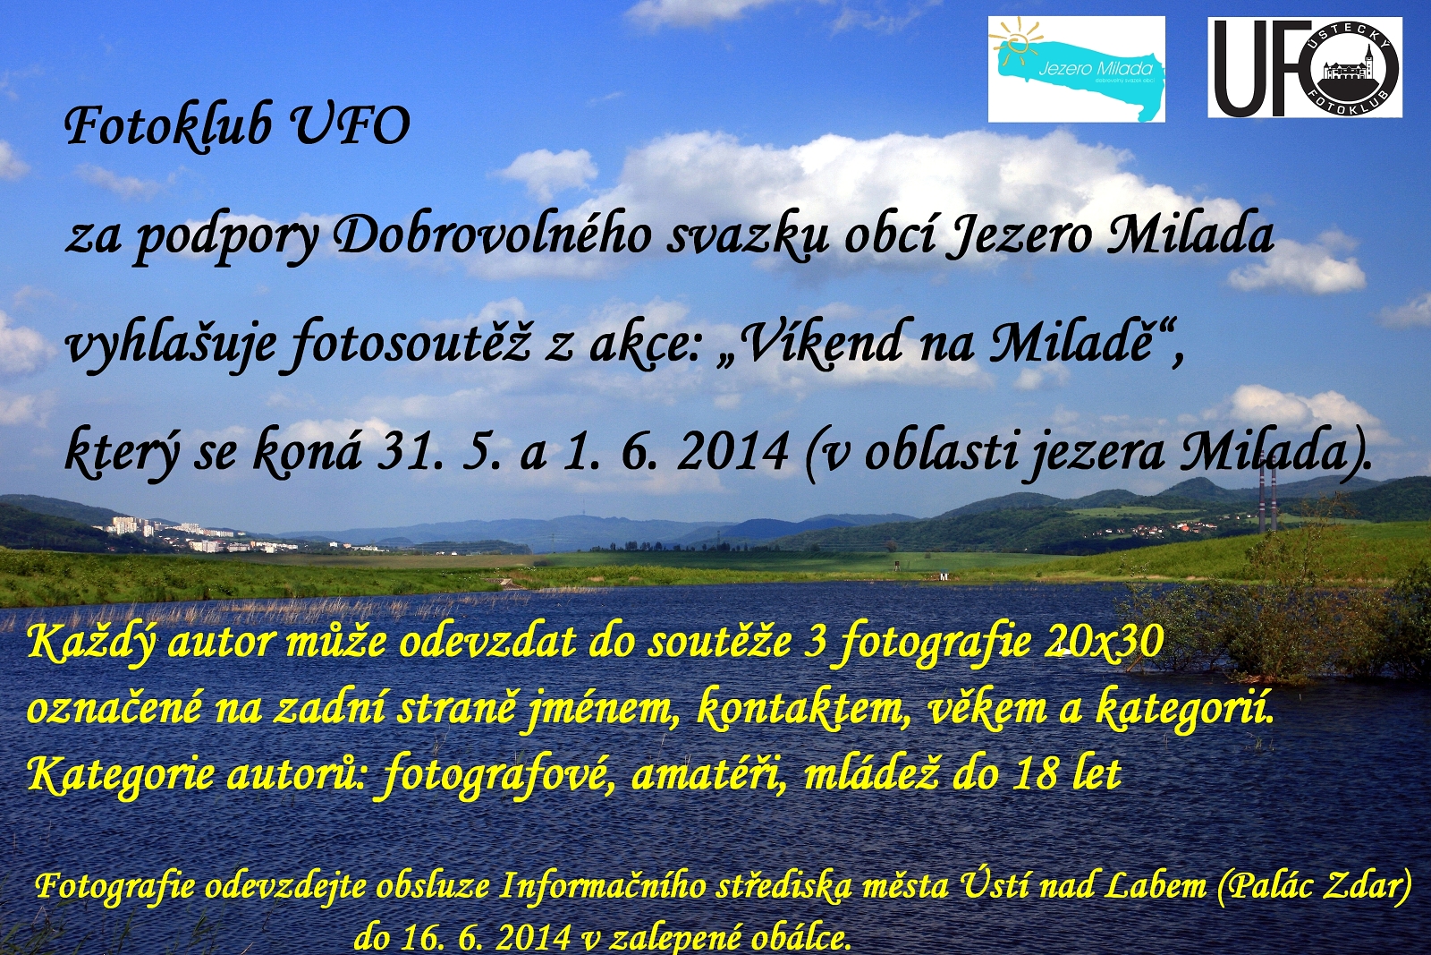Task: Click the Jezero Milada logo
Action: click(1077, 69)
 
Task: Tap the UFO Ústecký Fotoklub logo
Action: click(1305, 67)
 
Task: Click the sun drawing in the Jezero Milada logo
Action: click(1015, 42)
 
